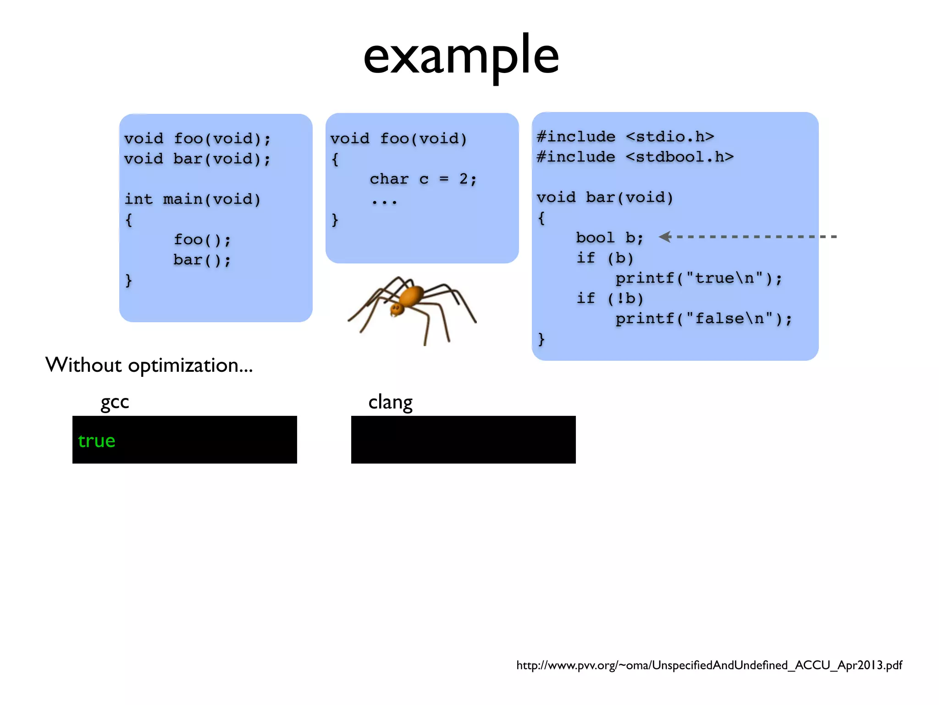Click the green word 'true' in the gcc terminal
[96, 441]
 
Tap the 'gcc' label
[115, 402]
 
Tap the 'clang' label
[390, 402]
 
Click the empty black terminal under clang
[463, 440]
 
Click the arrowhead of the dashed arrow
[665, 237]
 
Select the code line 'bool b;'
[609, 238]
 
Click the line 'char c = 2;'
[423, 179]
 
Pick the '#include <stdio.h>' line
[625, 137]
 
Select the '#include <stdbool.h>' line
[635, 157]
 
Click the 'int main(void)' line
[193, 199]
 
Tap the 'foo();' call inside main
[202, 240]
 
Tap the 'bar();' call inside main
[202, 260]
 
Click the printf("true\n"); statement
[698, 278]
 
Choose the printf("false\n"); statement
[703, 319]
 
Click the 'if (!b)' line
[610, 298]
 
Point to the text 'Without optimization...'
[149, 365]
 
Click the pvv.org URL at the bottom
[709, 665]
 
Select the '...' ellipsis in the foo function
[384, 201]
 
